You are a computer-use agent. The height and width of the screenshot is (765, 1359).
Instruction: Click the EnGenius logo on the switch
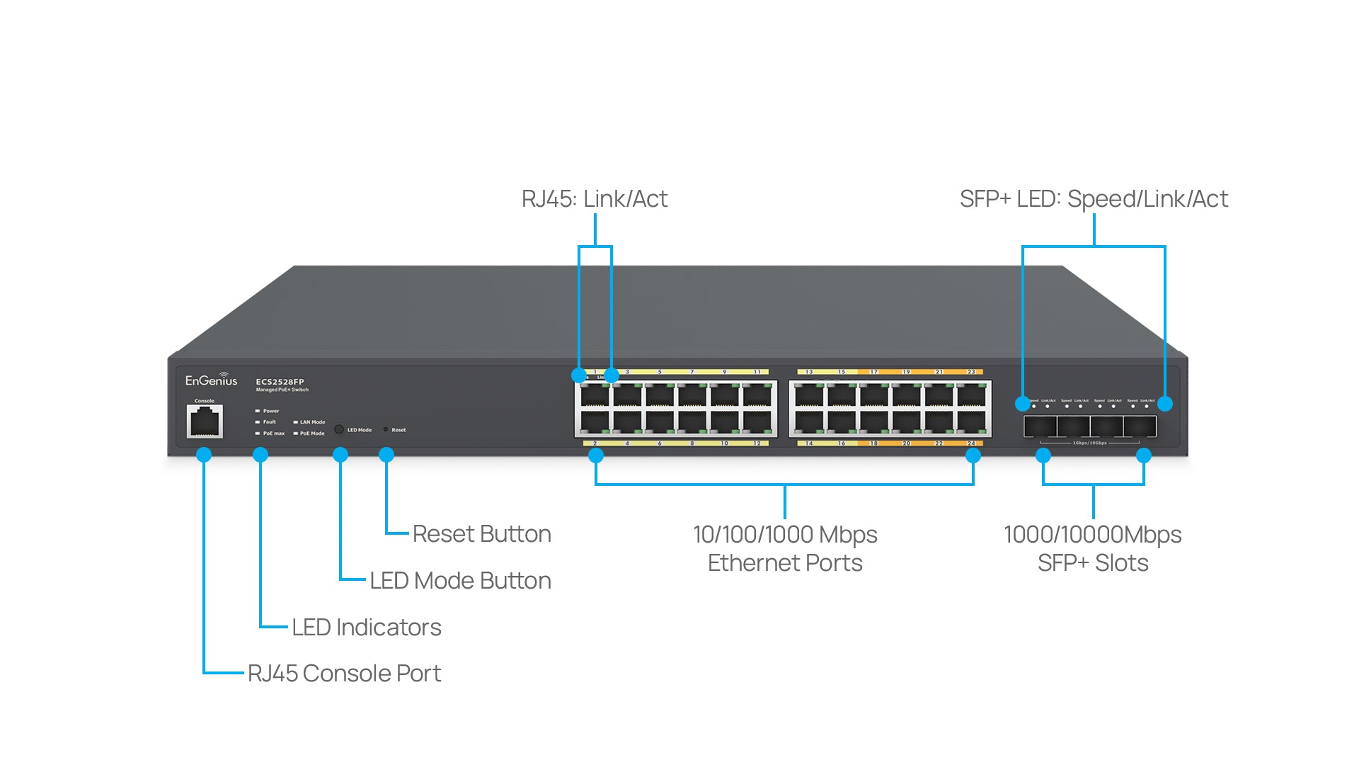coord(211,380)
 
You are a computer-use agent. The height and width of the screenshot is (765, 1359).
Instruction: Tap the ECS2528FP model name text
coord(280,382)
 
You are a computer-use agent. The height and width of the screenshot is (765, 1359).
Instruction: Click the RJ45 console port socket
coord(205,422)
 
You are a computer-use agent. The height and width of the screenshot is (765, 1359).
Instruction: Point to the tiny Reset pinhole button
coord(386,429)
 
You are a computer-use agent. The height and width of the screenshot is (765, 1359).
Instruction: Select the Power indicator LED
coord(258,411)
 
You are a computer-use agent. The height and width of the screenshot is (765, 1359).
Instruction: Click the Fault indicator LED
coord(258,422)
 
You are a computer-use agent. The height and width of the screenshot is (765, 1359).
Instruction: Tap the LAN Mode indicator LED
coord(295,422)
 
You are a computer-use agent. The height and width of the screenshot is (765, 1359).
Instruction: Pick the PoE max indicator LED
coord(258,433)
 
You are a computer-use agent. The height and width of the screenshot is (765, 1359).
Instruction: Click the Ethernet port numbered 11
coord(757,395)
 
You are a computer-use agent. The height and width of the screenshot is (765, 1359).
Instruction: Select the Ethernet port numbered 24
coord(971,422)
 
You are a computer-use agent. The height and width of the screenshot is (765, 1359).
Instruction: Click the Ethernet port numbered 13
coord(809,395)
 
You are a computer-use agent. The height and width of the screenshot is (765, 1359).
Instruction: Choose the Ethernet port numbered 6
coord(660,422)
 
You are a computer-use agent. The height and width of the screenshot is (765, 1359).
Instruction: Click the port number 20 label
coord(906,443)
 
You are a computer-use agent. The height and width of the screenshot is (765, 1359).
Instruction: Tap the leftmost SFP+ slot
coord(1040,426)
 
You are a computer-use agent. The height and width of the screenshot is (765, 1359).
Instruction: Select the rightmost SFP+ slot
coord(1140,426)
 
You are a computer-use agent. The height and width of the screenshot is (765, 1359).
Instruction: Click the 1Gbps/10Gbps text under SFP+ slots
coord(1089,443)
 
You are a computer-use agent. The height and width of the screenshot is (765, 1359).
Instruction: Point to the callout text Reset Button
coord(481,534)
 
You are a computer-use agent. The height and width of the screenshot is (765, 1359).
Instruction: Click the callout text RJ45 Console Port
coord(344,673)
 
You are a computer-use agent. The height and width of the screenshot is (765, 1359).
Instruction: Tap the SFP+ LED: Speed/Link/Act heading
coord(1094,199)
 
